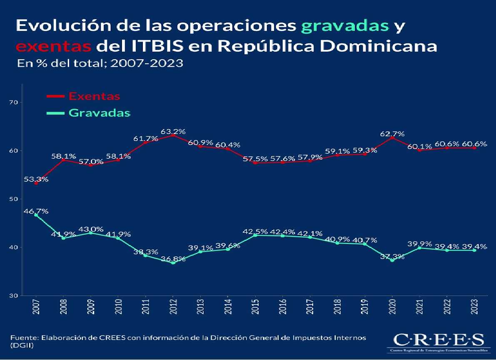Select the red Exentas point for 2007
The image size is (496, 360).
(x=36, y=183)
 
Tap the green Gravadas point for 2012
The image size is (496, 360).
(x=173, y=263)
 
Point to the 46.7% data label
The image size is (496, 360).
(x=36, y=211)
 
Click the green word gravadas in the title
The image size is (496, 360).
(x=345, y=26)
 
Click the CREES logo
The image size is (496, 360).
(x=436, y=342)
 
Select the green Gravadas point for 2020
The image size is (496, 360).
(x=392, y=260)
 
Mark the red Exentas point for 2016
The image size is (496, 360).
(x=282, y=162)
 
